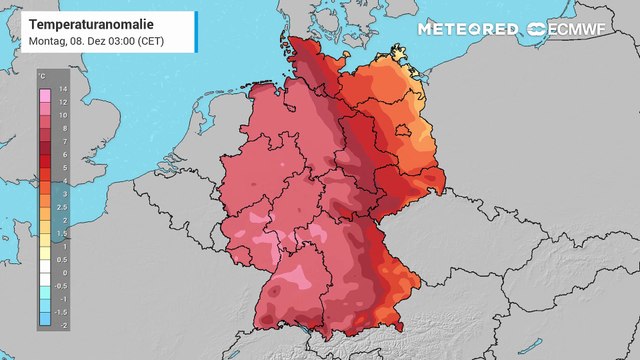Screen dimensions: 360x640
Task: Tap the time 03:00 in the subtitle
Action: tap(124, 41)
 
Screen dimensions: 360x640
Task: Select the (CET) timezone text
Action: tap(152, 41)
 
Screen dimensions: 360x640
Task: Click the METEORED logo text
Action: tap(467, 29)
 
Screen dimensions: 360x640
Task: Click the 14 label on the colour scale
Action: tap(63, 90)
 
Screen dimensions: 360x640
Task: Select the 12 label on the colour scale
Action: tap(63, 103)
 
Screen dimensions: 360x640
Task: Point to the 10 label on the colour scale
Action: tap(63, 116)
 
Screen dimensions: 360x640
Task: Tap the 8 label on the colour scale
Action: tap(63, 129)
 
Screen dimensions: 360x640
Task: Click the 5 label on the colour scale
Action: tap(63, 168)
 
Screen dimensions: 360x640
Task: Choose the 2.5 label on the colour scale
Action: tap(63, 207)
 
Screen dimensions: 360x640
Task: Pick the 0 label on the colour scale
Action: tap(63, 272)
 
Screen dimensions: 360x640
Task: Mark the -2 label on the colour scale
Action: tap(63, 324)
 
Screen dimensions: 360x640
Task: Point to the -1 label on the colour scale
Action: tap(63, 298)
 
